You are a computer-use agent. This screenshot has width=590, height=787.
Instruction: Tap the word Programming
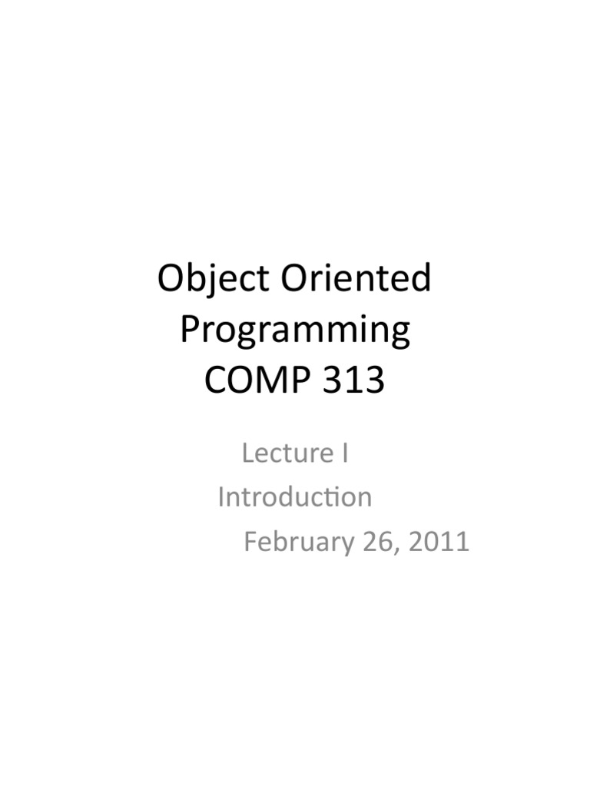tap(295, 330)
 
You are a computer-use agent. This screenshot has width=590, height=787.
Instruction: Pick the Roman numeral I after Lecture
tap(345, 453)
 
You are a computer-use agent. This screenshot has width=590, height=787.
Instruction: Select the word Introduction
tap(295, 497)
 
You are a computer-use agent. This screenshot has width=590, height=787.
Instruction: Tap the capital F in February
tap(250, 542)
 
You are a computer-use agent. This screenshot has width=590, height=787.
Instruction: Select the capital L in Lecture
tap(247, 453)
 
